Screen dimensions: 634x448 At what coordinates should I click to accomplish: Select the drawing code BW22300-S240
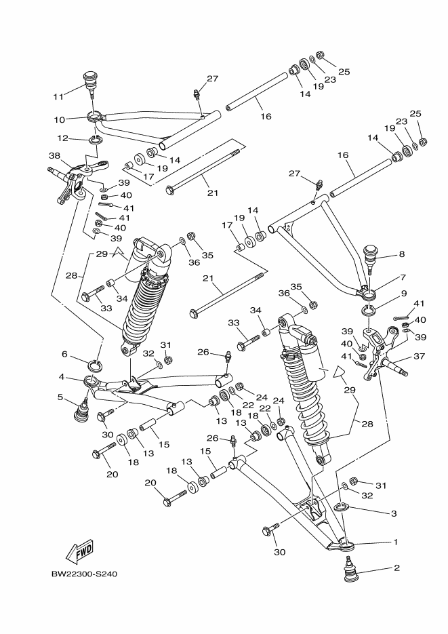pos(85,575)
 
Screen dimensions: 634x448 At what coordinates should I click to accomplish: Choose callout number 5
pos(60,397)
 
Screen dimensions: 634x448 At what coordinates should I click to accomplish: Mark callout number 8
pos(401,254)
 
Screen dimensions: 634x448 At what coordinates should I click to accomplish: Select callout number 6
pos(64,353)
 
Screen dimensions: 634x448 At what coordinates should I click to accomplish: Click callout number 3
pos(393,513)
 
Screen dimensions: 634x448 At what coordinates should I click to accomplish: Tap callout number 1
pos(396,542)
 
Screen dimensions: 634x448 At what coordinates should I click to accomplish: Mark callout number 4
pos(60,376)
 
